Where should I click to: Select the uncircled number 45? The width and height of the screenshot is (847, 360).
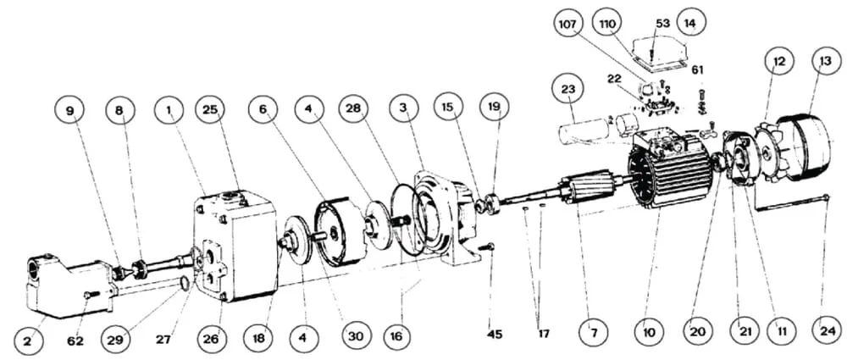pos(495,335)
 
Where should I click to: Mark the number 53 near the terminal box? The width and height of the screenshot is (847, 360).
pos(663,23)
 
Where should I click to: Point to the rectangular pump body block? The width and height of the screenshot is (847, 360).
pos(235,246)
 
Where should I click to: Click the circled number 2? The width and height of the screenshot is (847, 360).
pos(28,341)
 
